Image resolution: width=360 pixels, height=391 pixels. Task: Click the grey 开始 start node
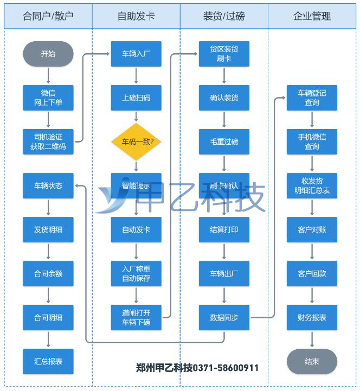pyautogui.click(x=48, y=54)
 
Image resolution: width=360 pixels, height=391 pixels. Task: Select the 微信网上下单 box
pyautogui.click(x=48, y=98)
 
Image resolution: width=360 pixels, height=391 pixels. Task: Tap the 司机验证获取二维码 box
pyautogui.click(x=48, y=142)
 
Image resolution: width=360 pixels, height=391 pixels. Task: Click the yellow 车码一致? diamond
pyautogui.click(x=136, y=142)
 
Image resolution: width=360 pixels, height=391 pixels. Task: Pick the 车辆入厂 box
pyautogui.click(x=136, y=54)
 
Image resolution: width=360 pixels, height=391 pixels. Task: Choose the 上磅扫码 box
pyautogui.click(x=136, y=98)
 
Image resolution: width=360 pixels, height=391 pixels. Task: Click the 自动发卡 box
pyautogui.click(x=136, y=230)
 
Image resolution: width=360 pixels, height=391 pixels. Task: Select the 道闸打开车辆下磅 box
pyautogui.click(x=136, y=318)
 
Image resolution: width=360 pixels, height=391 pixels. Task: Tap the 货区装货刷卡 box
pyautogui.click(x=224, y=54)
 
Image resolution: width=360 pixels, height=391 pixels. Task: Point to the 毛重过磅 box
pyautogui.click(x=224, y=142)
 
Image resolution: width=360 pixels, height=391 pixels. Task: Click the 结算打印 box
pyautogui.click(x=224, y=230)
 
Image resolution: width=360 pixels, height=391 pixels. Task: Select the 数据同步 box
pyautogui.click(x=224, y=318)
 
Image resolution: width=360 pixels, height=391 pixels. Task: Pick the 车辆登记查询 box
pyautogui.click(x=312, y=98)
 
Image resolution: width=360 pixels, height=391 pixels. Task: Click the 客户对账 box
pyautogui.click(x=312, y=230)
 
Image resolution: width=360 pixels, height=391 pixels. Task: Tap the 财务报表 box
pyautogui.click(x=312, y=318)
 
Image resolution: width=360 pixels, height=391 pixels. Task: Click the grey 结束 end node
pyautogui.click(x=312, y=362)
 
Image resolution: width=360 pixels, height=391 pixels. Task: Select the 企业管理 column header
pyautogui.click(x=312, y=16)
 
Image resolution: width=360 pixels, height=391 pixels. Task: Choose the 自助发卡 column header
pyautogui.click(x=136, y=16)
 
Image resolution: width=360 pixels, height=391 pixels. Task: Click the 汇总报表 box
pyautogui.click(x=48, y=362)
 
